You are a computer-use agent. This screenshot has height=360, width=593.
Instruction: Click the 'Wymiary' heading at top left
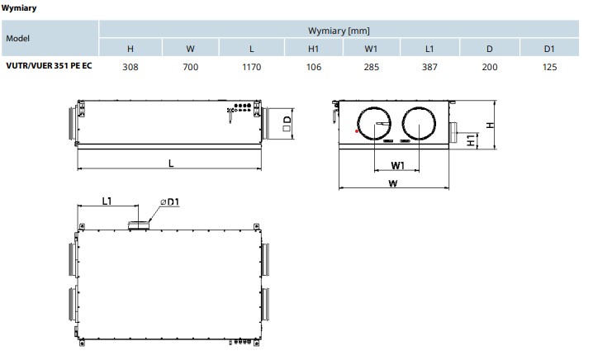pyautogui.click(x=19, y=7)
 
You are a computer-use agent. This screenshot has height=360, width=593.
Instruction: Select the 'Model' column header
pyautogui.click(x=18, y=38)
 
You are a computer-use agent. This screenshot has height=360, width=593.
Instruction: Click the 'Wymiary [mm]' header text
pyautogui.click(x=339, y=31)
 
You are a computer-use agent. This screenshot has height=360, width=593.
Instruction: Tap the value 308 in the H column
pyautogui.click(x=130, y=67)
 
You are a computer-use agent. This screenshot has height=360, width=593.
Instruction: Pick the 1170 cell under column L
pyautogui.click(x=252, y=67)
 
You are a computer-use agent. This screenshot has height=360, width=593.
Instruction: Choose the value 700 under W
pyautogui.click(x=191, y=67)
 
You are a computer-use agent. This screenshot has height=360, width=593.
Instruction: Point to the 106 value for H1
pyautogui.click(x=314, y=67)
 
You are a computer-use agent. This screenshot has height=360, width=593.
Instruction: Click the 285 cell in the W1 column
pyautogui.click(x=372, y=67)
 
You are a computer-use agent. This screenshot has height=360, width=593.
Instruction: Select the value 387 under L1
pyautogui.click(x=429, y=67)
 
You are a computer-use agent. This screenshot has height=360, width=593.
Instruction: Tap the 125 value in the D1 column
pyautogui.click(x=549, y=67)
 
